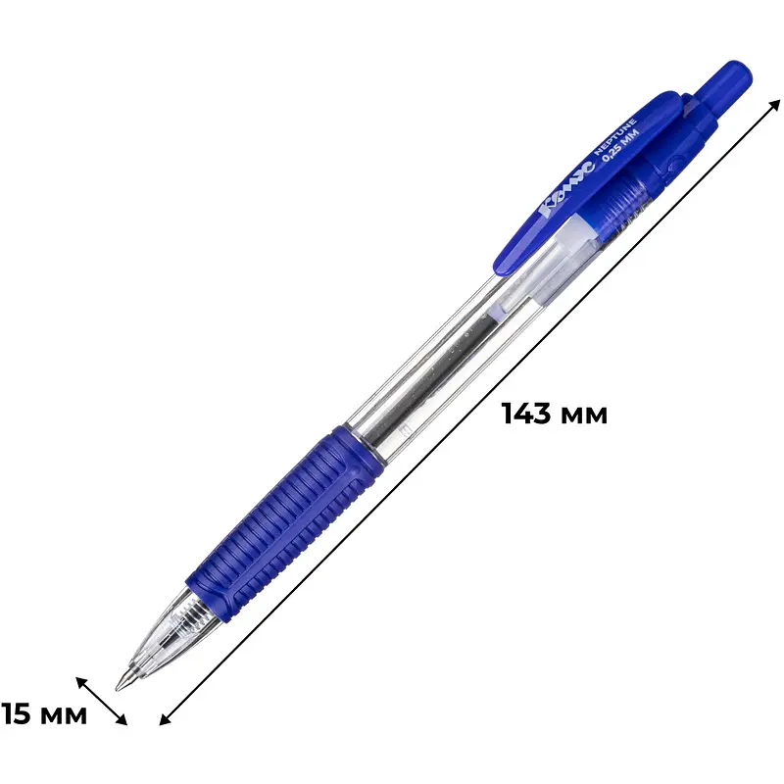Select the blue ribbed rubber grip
[x=284, y=522]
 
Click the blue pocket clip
[x=590, y=183]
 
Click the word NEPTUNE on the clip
[x=614, y=137]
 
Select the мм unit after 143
[x=583, y=416]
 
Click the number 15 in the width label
[x=16, y=713]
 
